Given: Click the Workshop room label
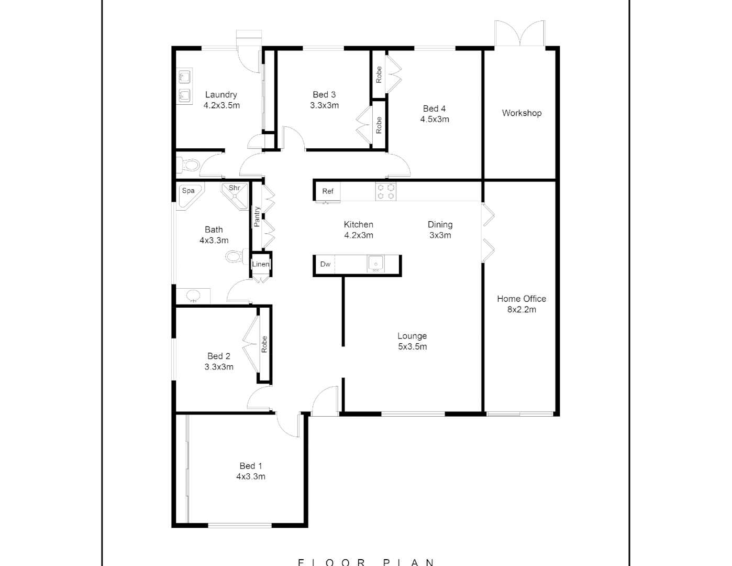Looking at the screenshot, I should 522,113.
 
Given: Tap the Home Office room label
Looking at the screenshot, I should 522,299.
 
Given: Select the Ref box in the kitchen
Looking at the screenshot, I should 328,191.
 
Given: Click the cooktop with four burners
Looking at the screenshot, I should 386,191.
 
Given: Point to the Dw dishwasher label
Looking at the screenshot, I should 325,264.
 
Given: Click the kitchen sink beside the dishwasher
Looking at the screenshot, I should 375,264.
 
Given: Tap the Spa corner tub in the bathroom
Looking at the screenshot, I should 188,194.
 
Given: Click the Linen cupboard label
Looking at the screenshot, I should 261,264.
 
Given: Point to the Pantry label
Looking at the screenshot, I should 257,216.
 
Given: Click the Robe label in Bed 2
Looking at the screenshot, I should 264,344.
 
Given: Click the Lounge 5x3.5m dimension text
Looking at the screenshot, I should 412,347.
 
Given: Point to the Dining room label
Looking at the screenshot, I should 440,224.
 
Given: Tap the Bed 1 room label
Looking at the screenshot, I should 251,466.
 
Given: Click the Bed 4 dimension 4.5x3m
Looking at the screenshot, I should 435,119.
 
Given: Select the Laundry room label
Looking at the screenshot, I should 221,95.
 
